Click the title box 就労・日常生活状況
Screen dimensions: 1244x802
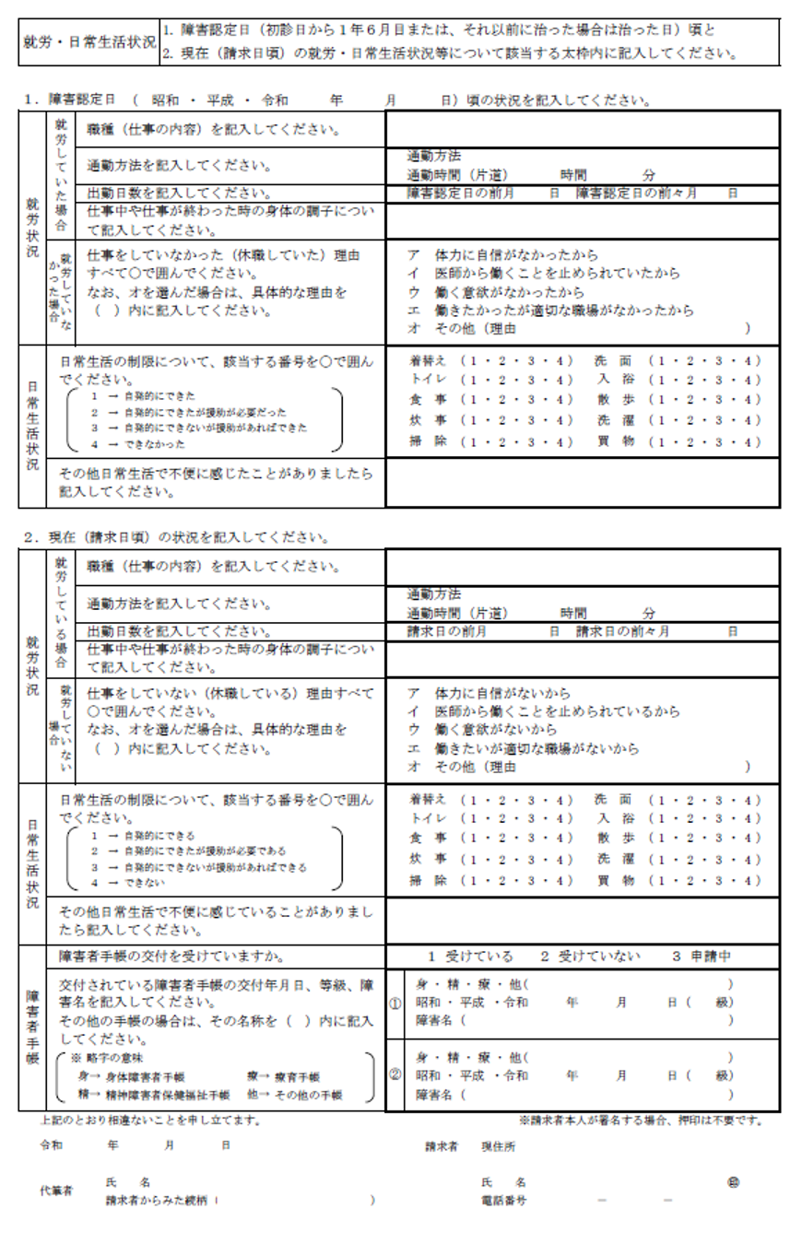pyautogui.click(x=88, y=43)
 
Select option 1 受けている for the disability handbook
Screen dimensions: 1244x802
pyautogui.click(x=470, y=956)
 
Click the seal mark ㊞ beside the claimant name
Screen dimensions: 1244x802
pyautogui.click(x=734, y=1182)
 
